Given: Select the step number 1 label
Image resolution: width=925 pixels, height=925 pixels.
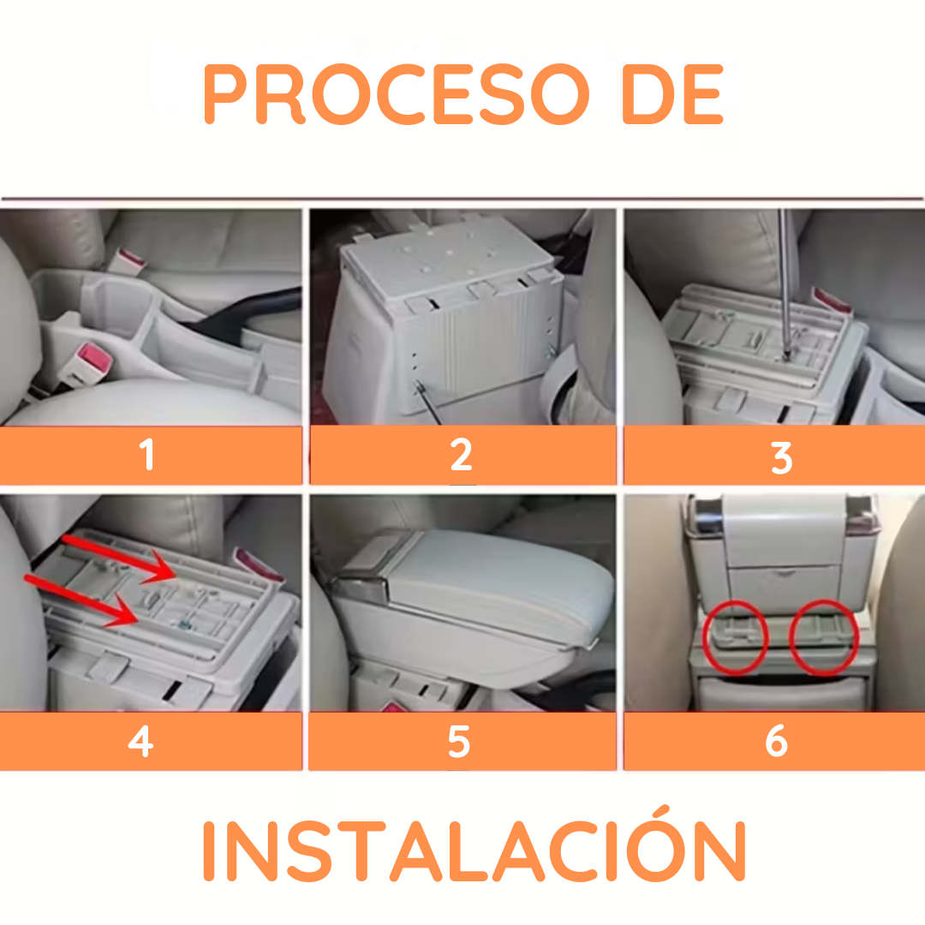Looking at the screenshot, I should click(148, 455).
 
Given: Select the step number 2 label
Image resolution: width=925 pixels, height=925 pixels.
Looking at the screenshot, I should click(461, 455).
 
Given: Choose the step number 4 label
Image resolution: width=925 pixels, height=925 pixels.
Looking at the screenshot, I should click(140, 742).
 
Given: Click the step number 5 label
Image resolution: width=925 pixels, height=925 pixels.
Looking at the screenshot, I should click(459, 742).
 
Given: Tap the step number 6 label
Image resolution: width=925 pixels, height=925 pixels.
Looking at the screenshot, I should click(776, 742).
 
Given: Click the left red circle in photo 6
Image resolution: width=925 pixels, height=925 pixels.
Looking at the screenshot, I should click(735, 636).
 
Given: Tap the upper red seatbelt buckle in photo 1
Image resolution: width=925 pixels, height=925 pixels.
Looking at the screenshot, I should click(131, 259).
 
